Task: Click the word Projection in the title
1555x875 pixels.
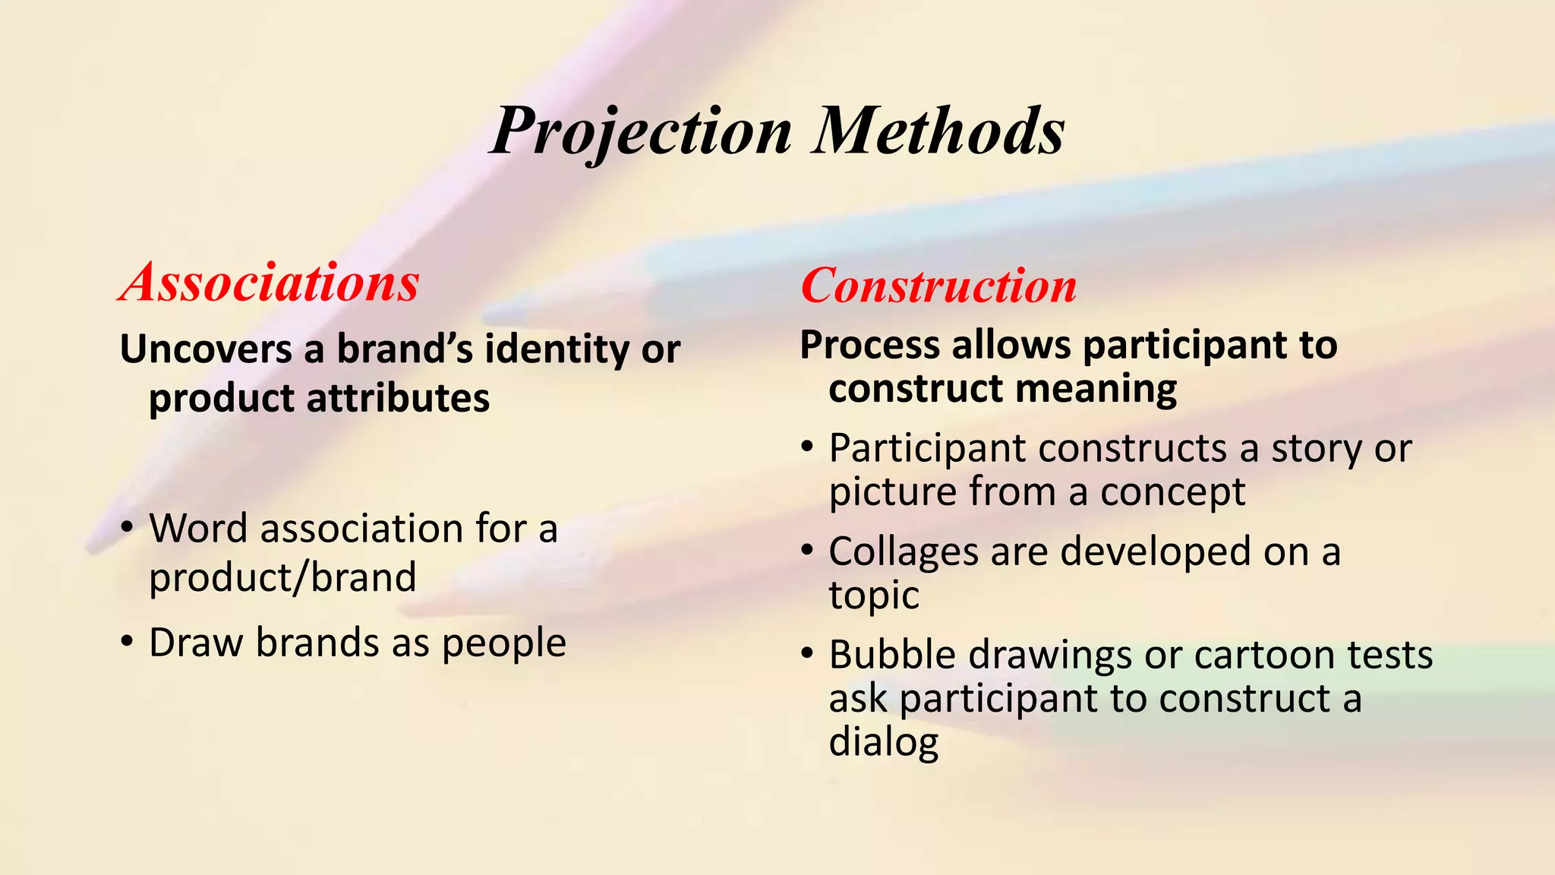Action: [642, 131]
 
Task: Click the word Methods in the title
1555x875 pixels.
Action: [939, 131]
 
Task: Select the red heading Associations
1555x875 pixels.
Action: [270, 283]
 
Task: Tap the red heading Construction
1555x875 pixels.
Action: [938, 286]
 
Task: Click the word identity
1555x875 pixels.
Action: [557, 349]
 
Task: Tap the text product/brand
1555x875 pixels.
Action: [282, 577]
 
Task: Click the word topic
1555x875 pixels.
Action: [874, 595]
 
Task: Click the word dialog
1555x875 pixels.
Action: [884, 742]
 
